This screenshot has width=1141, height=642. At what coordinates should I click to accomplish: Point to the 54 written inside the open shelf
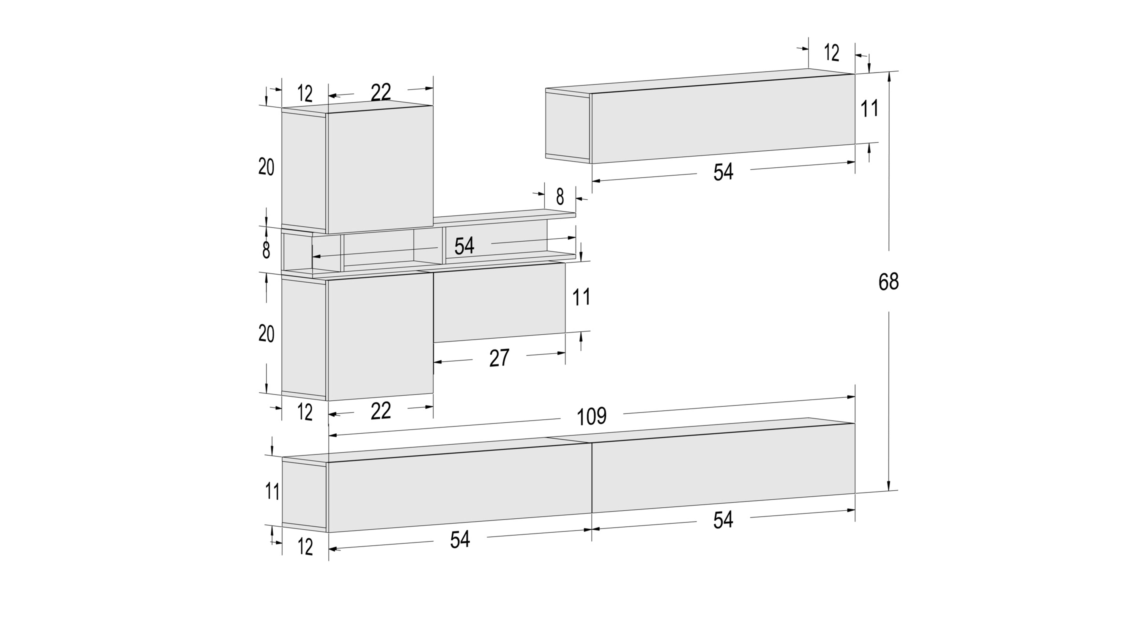464,246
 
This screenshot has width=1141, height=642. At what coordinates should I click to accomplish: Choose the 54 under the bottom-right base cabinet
723,520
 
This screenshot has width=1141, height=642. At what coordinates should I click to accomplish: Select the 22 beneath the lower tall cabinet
381,411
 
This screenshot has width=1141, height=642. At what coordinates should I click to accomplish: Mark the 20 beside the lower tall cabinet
266,333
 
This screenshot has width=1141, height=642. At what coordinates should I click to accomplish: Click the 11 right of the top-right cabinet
869,108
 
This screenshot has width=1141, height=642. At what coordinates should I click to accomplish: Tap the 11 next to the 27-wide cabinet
581,297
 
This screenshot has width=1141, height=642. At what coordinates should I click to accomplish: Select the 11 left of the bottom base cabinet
272,491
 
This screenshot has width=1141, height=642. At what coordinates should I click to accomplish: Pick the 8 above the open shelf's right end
560,197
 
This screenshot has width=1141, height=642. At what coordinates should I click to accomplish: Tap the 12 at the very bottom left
305,547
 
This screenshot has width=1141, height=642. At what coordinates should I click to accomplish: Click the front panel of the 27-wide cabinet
499,303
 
